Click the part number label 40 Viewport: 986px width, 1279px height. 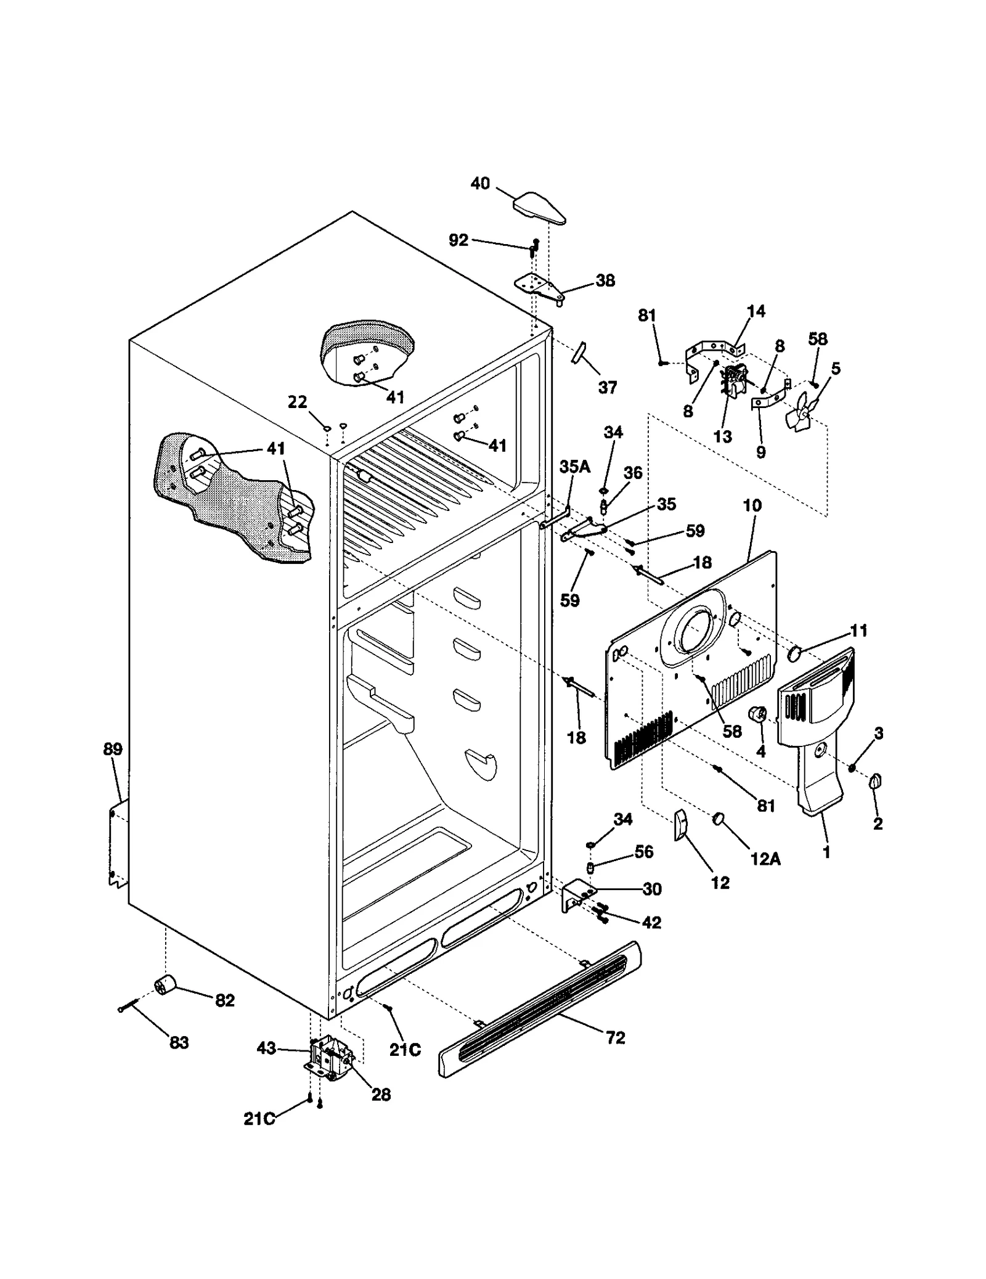(x=479, y=183)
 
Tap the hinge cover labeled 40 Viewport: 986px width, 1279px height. (x=539, y=208)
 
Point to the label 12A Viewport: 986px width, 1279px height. (x=765, y=859)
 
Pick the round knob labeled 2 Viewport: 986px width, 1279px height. (x=875, y=782)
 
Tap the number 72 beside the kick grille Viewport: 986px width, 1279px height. (x=615, y=1038)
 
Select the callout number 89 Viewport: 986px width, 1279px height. (x=113, y=749)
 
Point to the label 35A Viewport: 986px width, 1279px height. (x=574, y=467)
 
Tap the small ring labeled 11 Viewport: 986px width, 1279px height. (x=795, y=652)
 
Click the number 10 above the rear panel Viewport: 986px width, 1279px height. (x=752, y=505)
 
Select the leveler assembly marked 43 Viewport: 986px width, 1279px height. (x=330, y=1058)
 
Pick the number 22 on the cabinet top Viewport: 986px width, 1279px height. (x=297, y=402)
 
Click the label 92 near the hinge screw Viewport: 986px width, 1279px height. (x=458, y=240)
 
